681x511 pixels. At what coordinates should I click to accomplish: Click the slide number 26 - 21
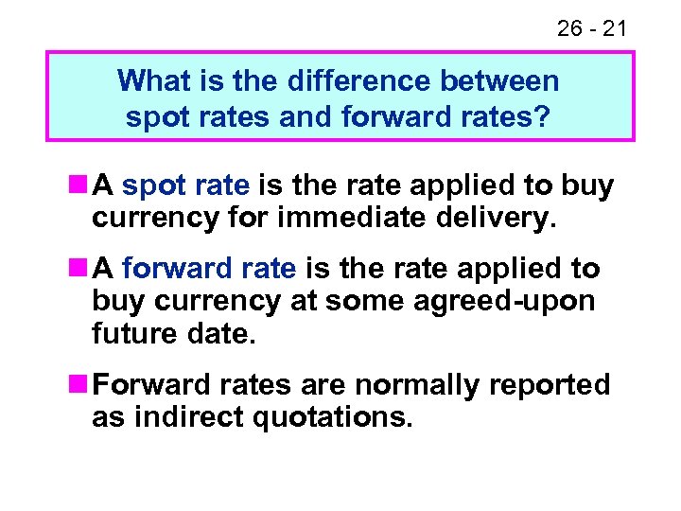point(591,28)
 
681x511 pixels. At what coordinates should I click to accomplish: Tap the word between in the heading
point(505,80)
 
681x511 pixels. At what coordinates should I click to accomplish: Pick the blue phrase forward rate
point(209,269)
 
